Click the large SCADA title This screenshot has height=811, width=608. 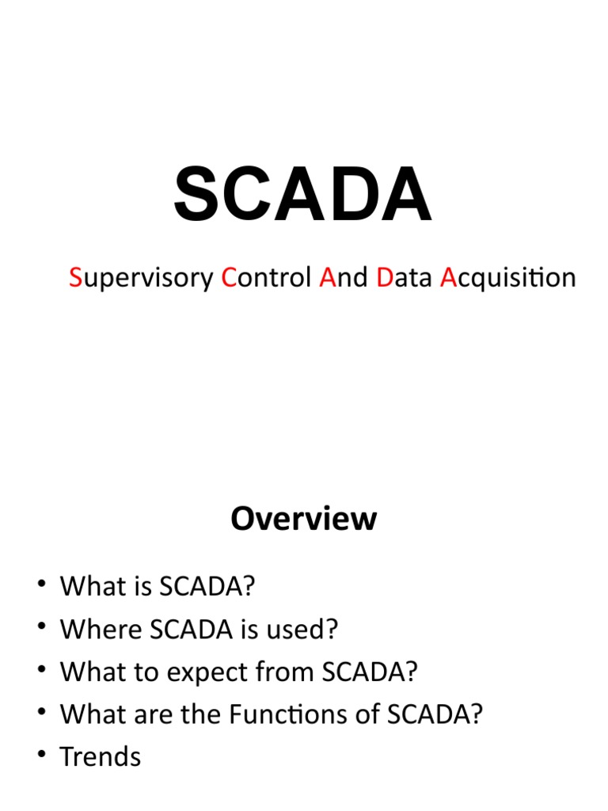click(303, 195)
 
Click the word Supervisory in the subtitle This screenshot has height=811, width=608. click(141, 278)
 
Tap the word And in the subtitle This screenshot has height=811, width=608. click(344, 278)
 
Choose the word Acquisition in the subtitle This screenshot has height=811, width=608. click(507, 278)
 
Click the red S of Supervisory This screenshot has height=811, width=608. click(75, 278)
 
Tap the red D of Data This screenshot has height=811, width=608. click(385, 278)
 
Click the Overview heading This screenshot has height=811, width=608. click(303, 519)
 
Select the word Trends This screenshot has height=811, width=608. click(101, 756)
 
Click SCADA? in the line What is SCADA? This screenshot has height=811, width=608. click(207, 587)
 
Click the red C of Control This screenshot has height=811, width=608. click(229, 278)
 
